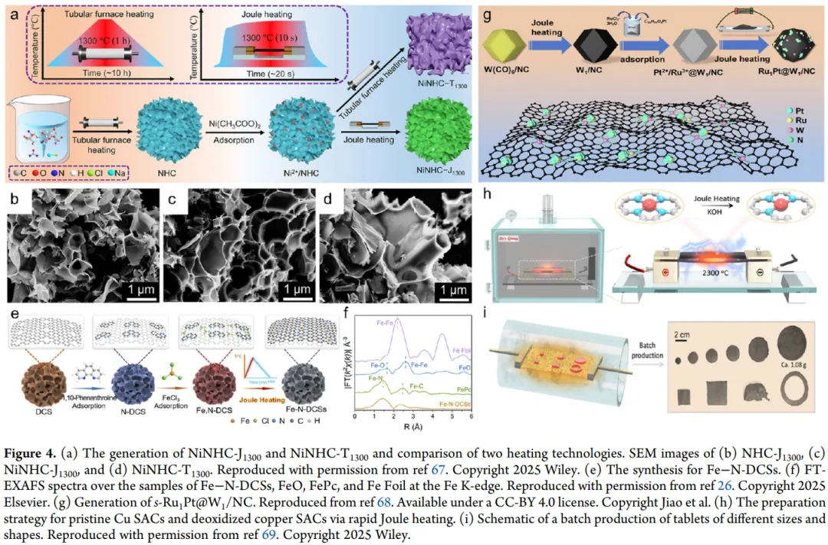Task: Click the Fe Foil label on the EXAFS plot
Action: (462, 350)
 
